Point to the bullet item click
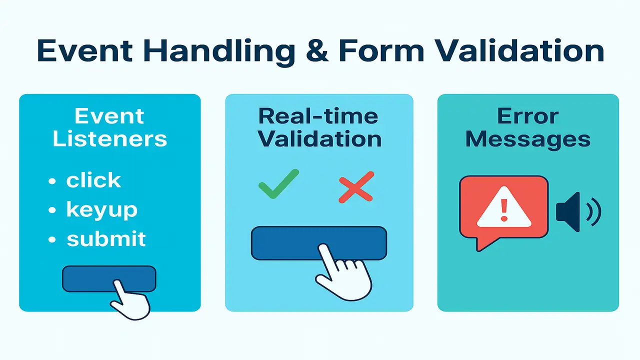pyautogui.click(x=93, y=180)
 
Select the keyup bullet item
pyautogui.click(x=101, y=210)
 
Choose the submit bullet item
pyautogui.click(x=106, y=239)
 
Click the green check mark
pyautogui.click(x=278, y=184)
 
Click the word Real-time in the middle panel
pyautogui.click(x=318, y=116)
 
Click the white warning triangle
pyautogui.click(x=503, y=207)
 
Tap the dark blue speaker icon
pyautogui.click(x=570, y=212)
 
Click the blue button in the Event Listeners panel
pyautogui.click(x=90, y=278)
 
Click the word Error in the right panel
pyautogui.click(x=528, y=116)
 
